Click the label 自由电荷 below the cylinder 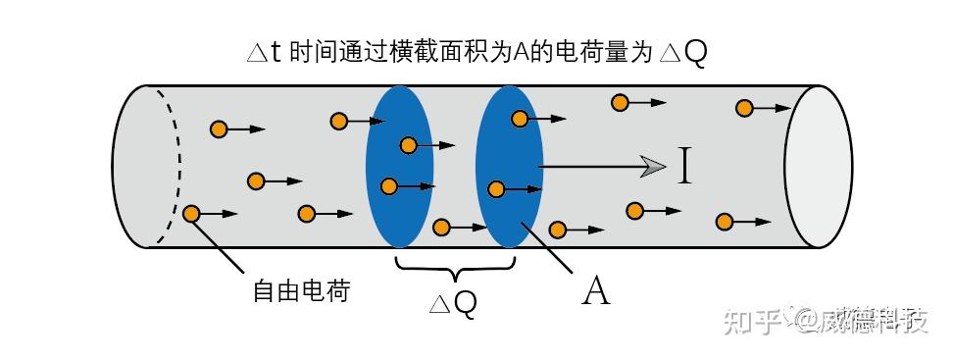point(300,291)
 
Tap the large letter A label point(595,290)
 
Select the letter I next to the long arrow point(684,167)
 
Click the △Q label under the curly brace point(453,303)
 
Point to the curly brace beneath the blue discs point(454,267)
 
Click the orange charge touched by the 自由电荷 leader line point(192,213)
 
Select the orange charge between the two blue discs point(442,228)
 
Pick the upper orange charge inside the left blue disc point(408,145)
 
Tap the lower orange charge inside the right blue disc point(497,189)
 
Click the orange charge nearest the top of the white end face point(745,108)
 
